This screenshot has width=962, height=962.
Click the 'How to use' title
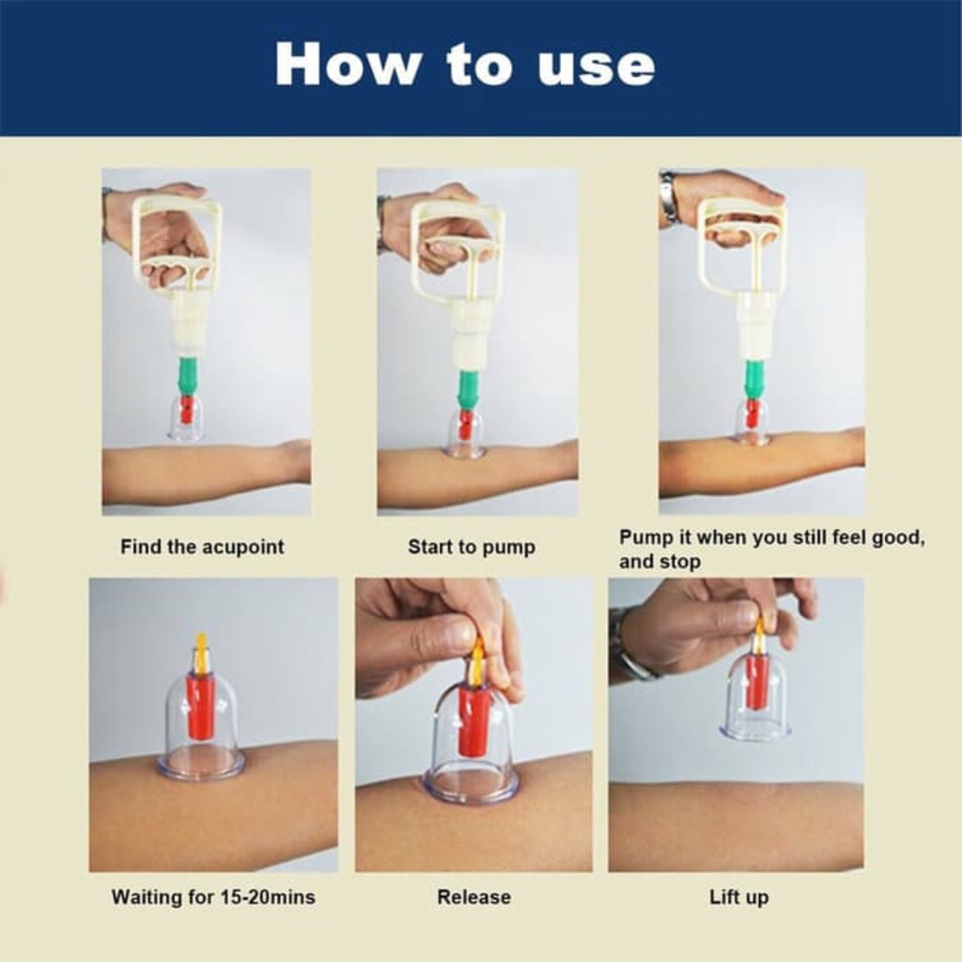point(464,66)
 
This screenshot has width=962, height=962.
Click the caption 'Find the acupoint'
point(202,547)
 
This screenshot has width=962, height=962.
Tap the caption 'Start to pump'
point(471,547)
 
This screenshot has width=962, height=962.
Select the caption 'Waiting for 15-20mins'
point(213,897)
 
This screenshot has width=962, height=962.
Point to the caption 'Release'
point(473,897)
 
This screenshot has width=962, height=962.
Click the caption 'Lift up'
point(738,897)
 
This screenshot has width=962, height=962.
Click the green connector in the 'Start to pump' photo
point(468,388)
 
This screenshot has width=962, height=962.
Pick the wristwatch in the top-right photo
point(669,198)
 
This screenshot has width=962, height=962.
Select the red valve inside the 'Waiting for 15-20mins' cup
point(200,706)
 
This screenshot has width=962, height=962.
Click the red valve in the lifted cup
point(756,681)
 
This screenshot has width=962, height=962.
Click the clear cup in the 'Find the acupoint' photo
point(186,420)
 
